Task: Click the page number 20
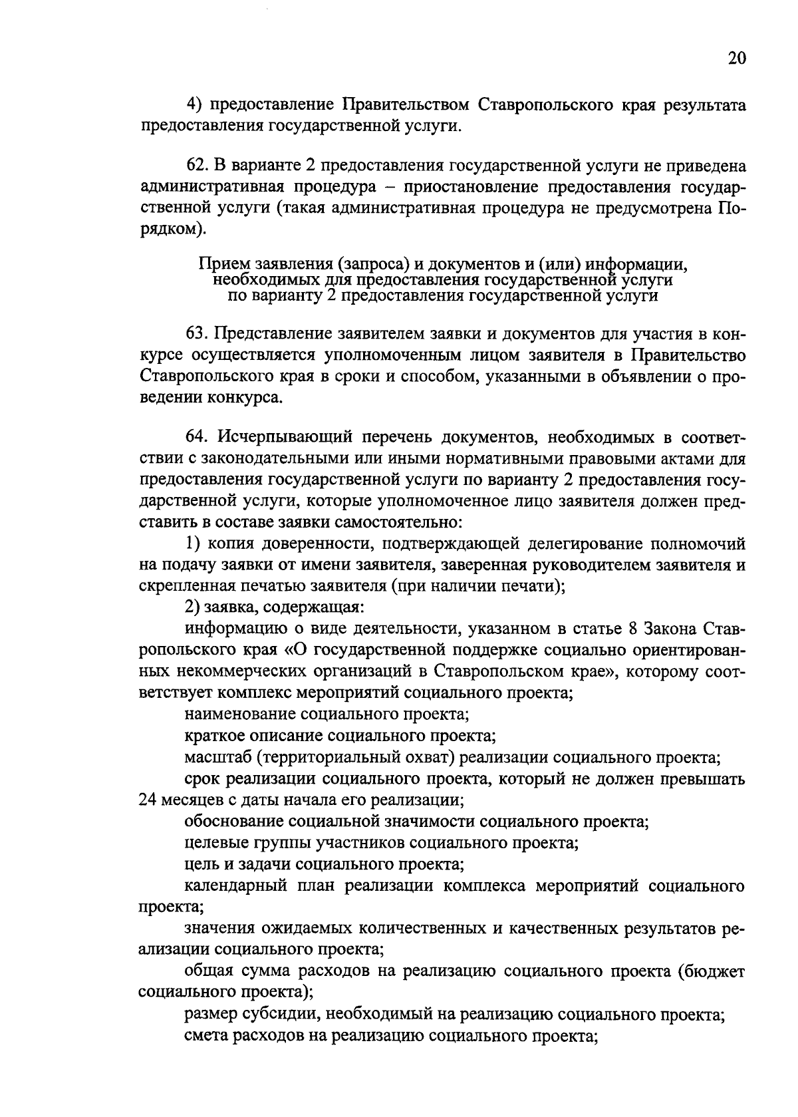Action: tap(736, 59)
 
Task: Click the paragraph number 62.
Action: tap(197, 166)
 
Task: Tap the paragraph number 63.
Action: tap(197, 332)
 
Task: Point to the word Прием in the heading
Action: tap(219, 264)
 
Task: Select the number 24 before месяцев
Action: tap(148, 800)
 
